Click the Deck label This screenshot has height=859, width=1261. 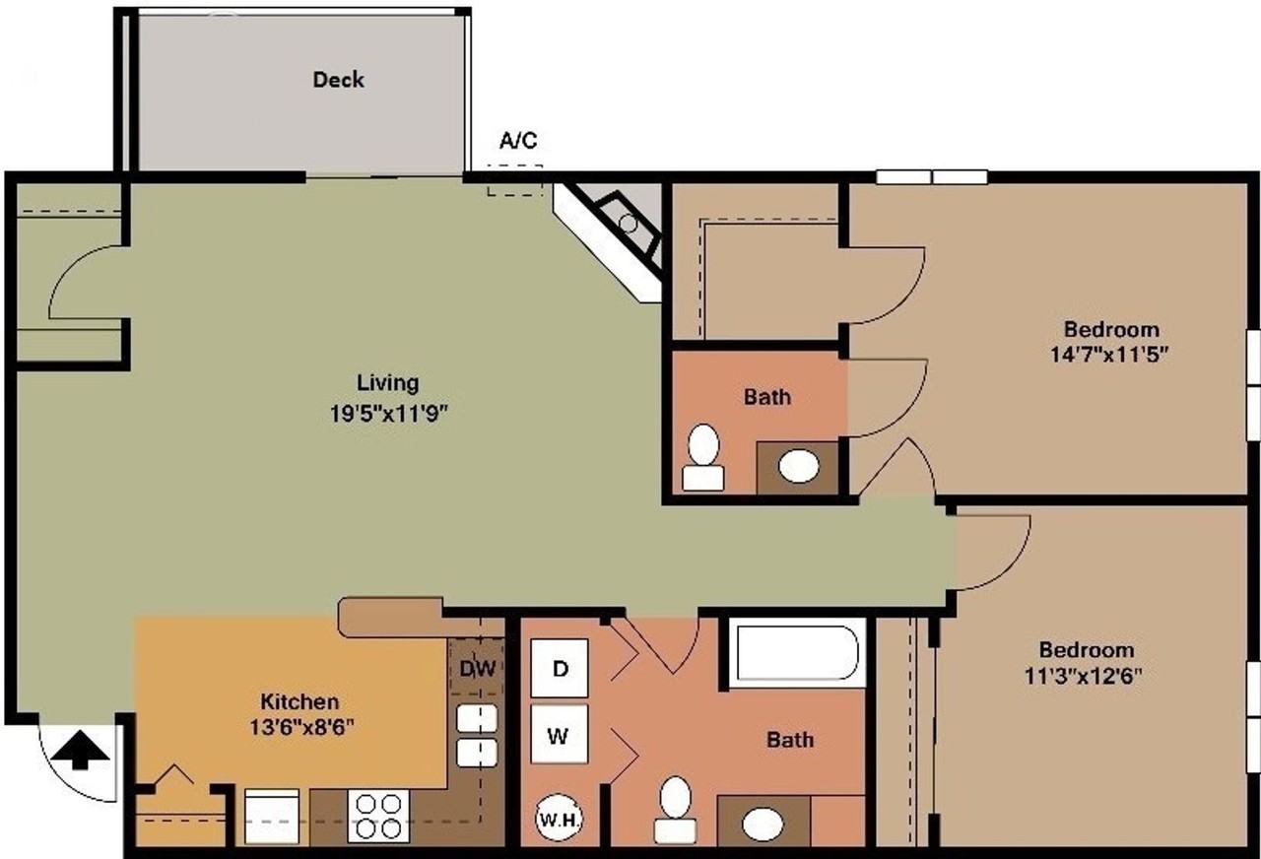point(338,80)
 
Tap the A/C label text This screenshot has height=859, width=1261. point(518,141)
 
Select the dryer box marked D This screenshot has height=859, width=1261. point(560,668)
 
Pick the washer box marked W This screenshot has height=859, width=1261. point(559,735)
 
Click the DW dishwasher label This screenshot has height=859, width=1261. point(477,668)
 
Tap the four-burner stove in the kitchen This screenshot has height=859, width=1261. point(377,816)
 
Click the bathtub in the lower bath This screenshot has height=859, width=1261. point(797,652)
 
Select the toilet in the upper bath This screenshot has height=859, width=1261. point(703,456)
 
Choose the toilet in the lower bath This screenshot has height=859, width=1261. point(675,809)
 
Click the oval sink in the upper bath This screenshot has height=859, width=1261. point(798,466)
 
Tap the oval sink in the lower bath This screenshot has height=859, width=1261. point(763,824)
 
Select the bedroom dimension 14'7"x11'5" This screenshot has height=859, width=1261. point(1111,355)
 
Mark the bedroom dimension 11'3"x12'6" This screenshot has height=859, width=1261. point(1087,676)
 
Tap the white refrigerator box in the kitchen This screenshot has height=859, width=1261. point(272,816)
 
